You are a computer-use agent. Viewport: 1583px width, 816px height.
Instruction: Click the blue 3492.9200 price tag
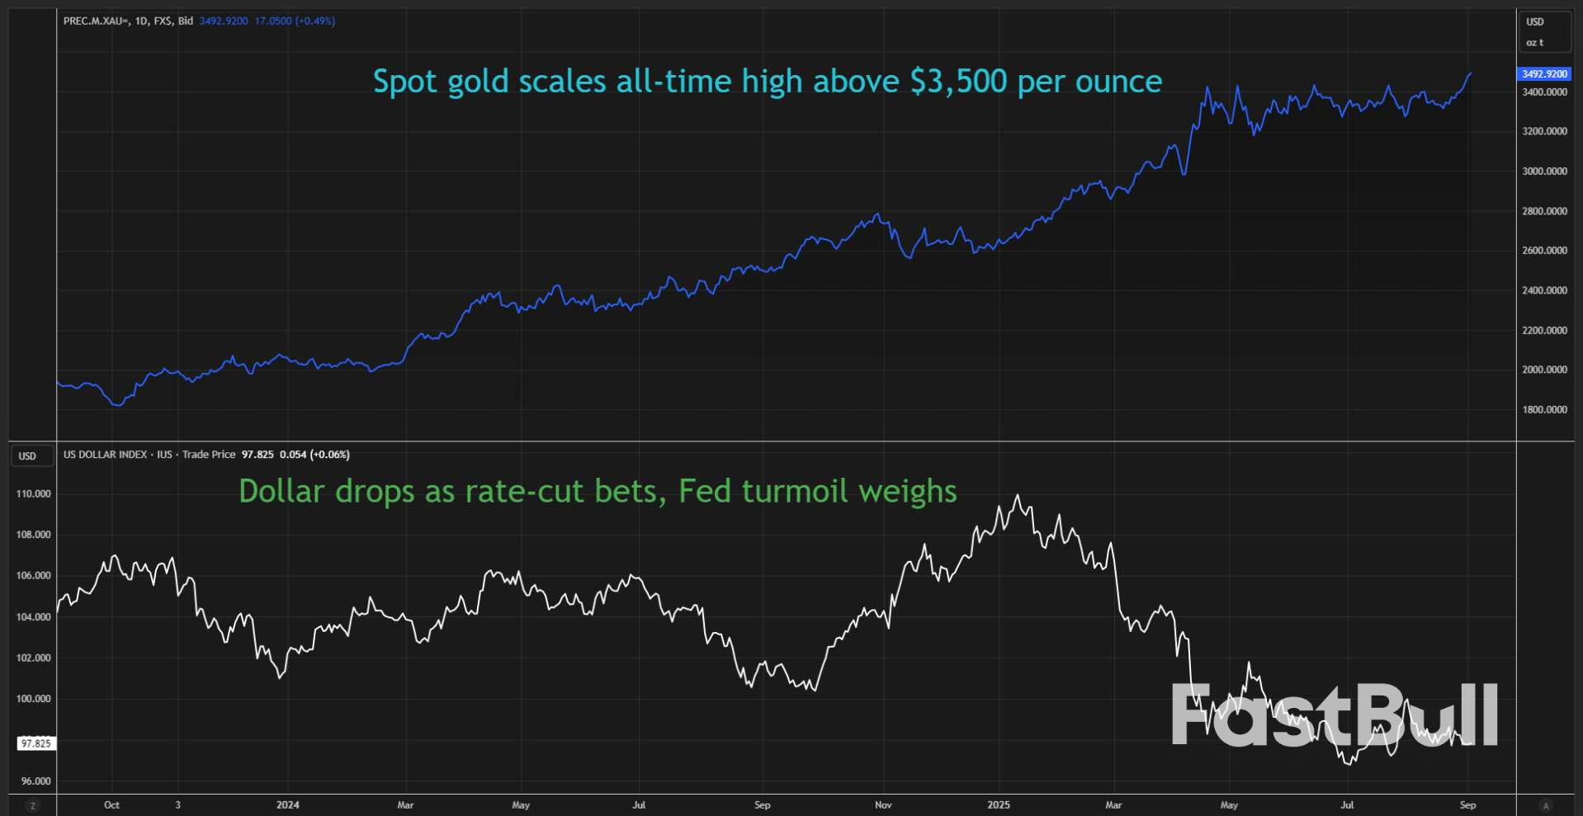[1543, 73]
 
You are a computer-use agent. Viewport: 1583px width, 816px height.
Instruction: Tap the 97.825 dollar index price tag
[36, 743]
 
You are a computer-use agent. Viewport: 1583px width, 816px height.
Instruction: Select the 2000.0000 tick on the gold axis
[1544, 370]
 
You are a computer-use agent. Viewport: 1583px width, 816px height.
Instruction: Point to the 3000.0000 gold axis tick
[1544, 171]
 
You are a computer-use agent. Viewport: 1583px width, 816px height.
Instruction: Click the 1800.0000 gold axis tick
[1544, 409]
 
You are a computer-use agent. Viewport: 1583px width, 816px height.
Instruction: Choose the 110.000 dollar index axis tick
[33, 493]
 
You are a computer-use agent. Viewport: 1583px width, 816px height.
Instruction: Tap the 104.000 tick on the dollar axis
[33, 616]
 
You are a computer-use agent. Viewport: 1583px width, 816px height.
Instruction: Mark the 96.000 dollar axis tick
[35, 781]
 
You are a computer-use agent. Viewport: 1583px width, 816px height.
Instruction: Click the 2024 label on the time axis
[287, 804]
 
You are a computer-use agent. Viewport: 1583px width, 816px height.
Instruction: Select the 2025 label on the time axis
[998, 804]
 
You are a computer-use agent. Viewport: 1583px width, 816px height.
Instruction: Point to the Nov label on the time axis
[883, 804]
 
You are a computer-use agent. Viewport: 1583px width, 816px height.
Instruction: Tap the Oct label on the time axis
[111, 804]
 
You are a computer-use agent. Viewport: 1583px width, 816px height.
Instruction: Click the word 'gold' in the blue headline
[477, 82]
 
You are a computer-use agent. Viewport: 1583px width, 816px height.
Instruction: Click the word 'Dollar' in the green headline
[281, 492]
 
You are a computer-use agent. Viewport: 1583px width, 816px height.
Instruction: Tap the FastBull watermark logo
[1334, 715]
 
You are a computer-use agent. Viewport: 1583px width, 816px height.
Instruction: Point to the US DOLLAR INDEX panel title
[105, 455]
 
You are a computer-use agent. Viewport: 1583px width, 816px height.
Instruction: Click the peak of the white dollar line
[1018, 496]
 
